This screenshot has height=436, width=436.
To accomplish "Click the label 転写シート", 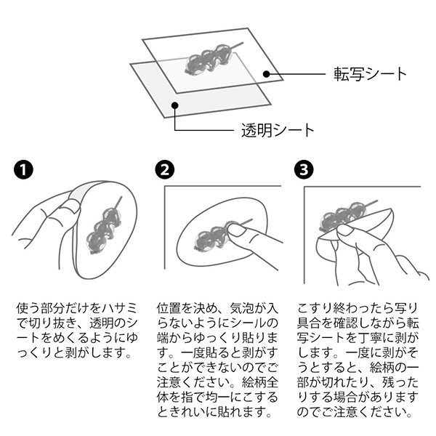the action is (x=370, y=74).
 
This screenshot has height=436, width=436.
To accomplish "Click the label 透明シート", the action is (x=278, y=130).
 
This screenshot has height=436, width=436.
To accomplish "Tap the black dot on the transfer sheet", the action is (x=267, y=74).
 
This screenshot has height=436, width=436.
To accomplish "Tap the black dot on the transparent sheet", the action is (x=174, y=105).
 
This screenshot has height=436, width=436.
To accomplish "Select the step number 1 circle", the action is (x=24, y=169).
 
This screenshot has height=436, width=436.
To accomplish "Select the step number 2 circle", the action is (x=165, y=169).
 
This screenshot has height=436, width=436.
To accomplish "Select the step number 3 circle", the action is (x=304, y=169).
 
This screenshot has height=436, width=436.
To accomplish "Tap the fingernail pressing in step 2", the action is (x=235, y=230).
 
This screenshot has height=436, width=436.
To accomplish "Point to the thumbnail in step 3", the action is (x=345, y=230).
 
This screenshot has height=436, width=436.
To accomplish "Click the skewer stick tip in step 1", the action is (x=121, y=197).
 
